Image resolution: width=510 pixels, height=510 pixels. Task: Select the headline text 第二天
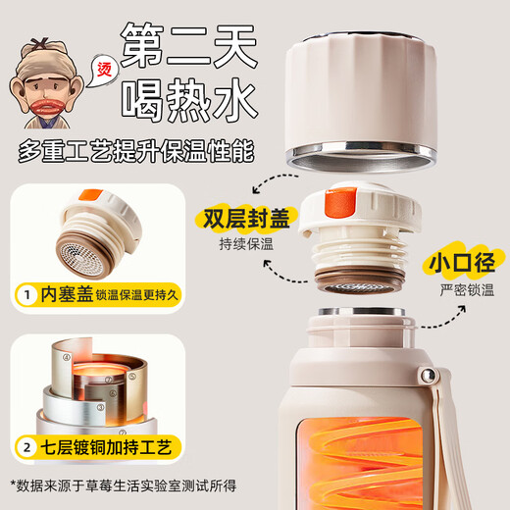point(187,43)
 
